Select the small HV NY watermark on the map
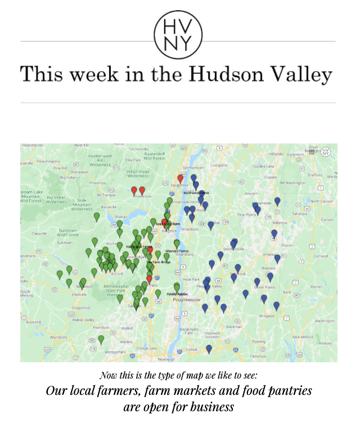click(326, 152)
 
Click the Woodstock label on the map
click(142, 196)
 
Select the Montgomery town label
click(115, 352)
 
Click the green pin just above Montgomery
click(101, 339)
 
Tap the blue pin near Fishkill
click(209, 349)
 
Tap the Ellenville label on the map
click(78, 294)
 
